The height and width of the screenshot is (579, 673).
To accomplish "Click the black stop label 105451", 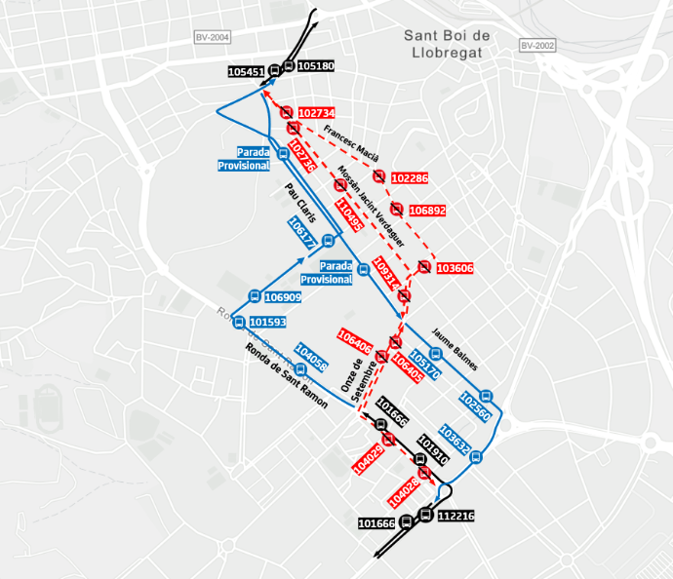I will coord(246,71).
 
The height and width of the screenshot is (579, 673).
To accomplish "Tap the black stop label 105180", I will coord(316,66).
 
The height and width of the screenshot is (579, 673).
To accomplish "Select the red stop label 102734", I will coord(317,113).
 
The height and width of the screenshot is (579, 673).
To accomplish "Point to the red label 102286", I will coord(409,177).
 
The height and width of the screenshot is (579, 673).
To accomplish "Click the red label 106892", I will coord(427,210).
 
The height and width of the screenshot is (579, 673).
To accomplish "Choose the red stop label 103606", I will coord(455,268).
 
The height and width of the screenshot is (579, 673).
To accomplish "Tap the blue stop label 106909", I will coord(283,297).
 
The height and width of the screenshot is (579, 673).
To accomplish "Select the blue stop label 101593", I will coord(267,322).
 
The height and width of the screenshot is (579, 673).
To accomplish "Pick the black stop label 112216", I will coord(455,516).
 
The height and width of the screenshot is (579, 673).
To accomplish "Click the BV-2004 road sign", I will coord(212,37).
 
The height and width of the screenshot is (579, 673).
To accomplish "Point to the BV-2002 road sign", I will coord(536,45).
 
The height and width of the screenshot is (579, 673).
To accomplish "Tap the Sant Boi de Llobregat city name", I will coord(447,44).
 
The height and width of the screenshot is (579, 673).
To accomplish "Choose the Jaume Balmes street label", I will coord(454,349).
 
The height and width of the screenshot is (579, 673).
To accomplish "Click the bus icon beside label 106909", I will coord(255,296).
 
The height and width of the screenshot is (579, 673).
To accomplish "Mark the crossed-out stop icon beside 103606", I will coord(424,267).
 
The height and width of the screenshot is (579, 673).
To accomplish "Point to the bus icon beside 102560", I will coord(487,396).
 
